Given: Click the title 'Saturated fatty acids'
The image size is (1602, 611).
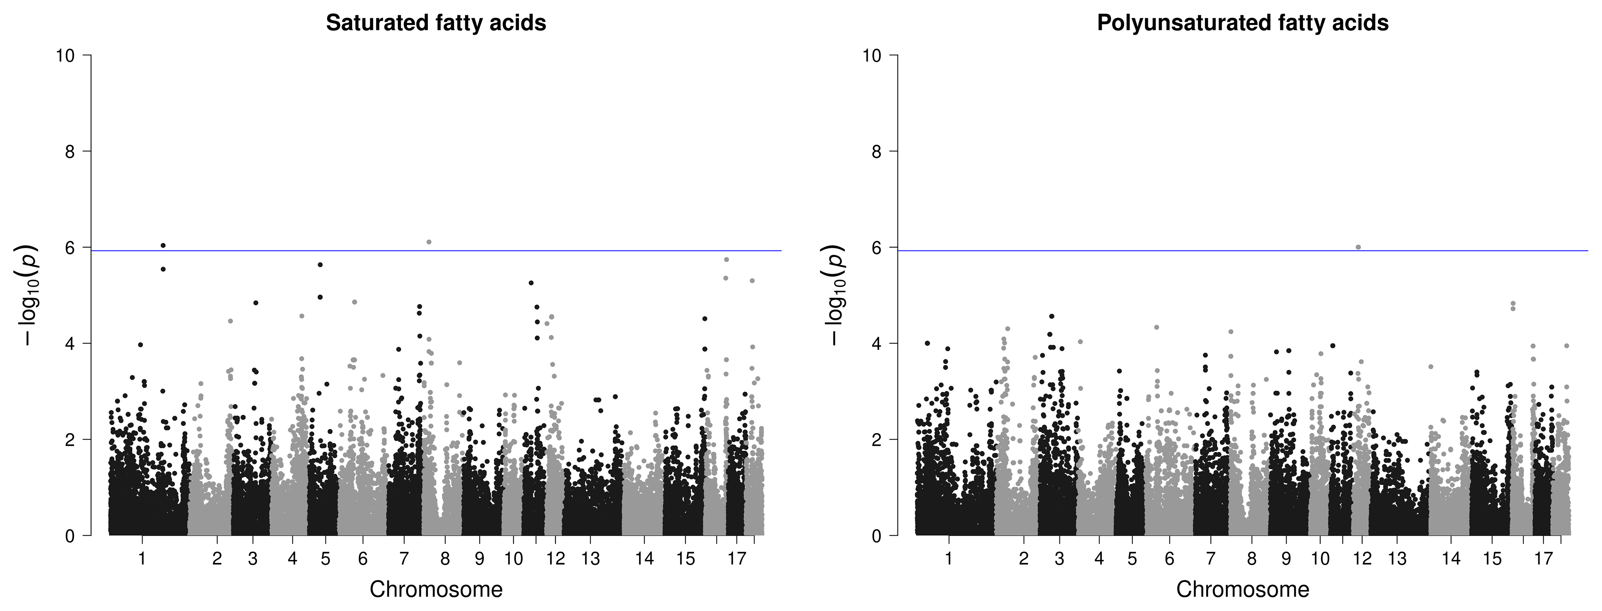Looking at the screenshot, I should pos(436,23).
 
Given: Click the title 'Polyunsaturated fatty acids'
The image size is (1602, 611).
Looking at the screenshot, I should pos(1242,23).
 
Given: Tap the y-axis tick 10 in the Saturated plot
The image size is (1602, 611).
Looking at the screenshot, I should pos(65,55).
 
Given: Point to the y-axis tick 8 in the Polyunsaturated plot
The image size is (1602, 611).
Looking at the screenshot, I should pos(876,152).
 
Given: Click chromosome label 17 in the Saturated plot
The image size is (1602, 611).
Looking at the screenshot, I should pos(737,559).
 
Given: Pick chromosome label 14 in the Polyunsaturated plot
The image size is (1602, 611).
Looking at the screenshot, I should pos(1451,559).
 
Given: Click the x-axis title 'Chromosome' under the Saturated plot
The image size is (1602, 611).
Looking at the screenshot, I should pos(436,589).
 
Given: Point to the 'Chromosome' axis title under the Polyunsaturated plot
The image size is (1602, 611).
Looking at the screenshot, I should pos(1242,589).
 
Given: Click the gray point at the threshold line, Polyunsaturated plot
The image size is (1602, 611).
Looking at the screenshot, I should pos(1358,247).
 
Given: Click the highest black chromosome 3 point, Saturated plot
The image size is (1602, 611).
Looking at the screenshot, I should pos(255,303).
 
